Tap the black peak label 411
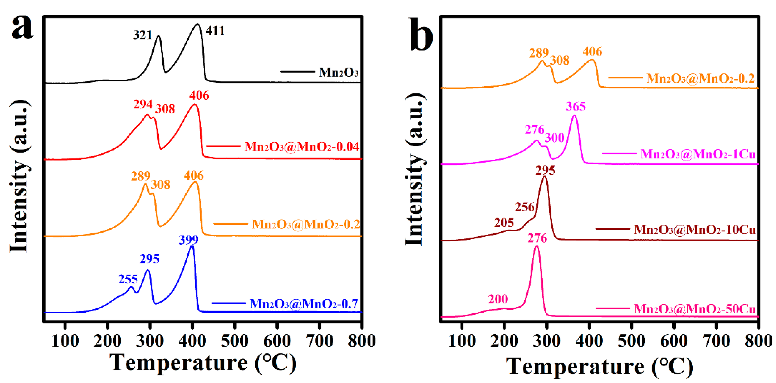[x=215, y=31]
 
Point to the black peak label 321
[x=142, y=35]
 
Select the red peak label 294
[x=143, y=104]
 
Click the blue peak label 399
[x=189, y=240]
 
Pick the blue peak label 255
[x=128, y=280]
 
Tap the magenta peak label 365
[x=576, y=107]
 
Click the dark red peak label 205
[x=504, y=223]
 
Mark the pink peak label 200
[x=498, y=299]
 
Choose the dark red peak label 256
[x=524, y=207]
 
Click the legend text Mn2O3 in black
[x=339, y=73]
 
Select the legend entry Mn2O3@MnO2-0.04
[x=302, y=147]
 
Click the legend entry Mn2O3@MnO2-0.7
[x=304, y=304]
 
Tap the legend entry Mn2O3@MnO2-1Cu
[x=698, y=154]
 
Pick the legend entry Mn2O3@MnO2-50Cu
[x=695, y=309]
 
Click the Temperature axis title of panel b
[x=599, y=366]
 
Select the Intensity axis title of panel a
[x=19, y=176]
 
